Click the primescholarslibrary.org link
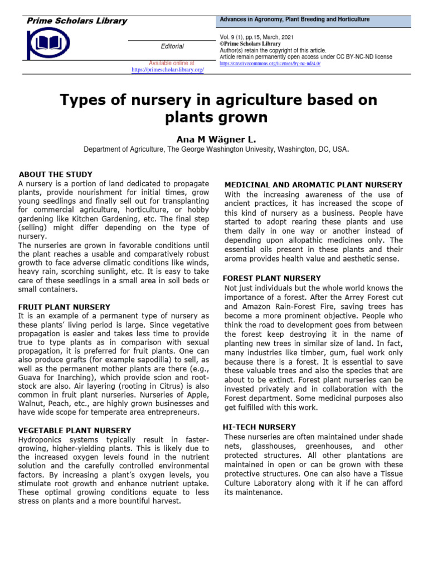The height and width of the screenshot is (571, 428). click(x=168, y=70)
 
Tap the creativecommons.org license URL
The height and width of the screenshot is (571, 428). click(x=270, y=64)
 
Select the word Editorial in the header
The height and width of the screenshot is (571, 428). click(x=172, y=46)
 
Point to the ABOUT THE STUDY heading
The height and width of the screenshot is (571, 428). click(x=56, y=175)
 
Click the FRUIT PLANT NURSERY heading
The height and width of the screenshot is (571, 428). click(x=64, y=307)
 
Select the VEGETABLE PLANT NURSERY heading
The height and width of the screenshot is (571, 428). click(x=75, y=430)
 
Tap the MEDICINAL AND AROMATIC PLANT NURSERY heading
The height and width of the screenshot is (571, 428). click(x=313, y=185)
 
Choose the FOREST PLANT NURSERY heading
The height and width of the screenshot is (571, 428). click(x=271, y=278)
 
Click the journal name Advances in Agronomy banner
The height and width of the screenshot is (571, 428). click(x=294, y=20)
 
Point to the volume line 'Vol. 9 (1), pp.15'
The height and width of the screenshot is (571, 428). click(x=256, y=37)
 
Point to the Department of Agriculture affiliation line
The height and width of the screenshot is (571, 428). click(x=216, y=149)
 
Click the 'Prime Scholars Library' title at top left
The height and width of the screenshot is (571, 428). click(x=77, y=21)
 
